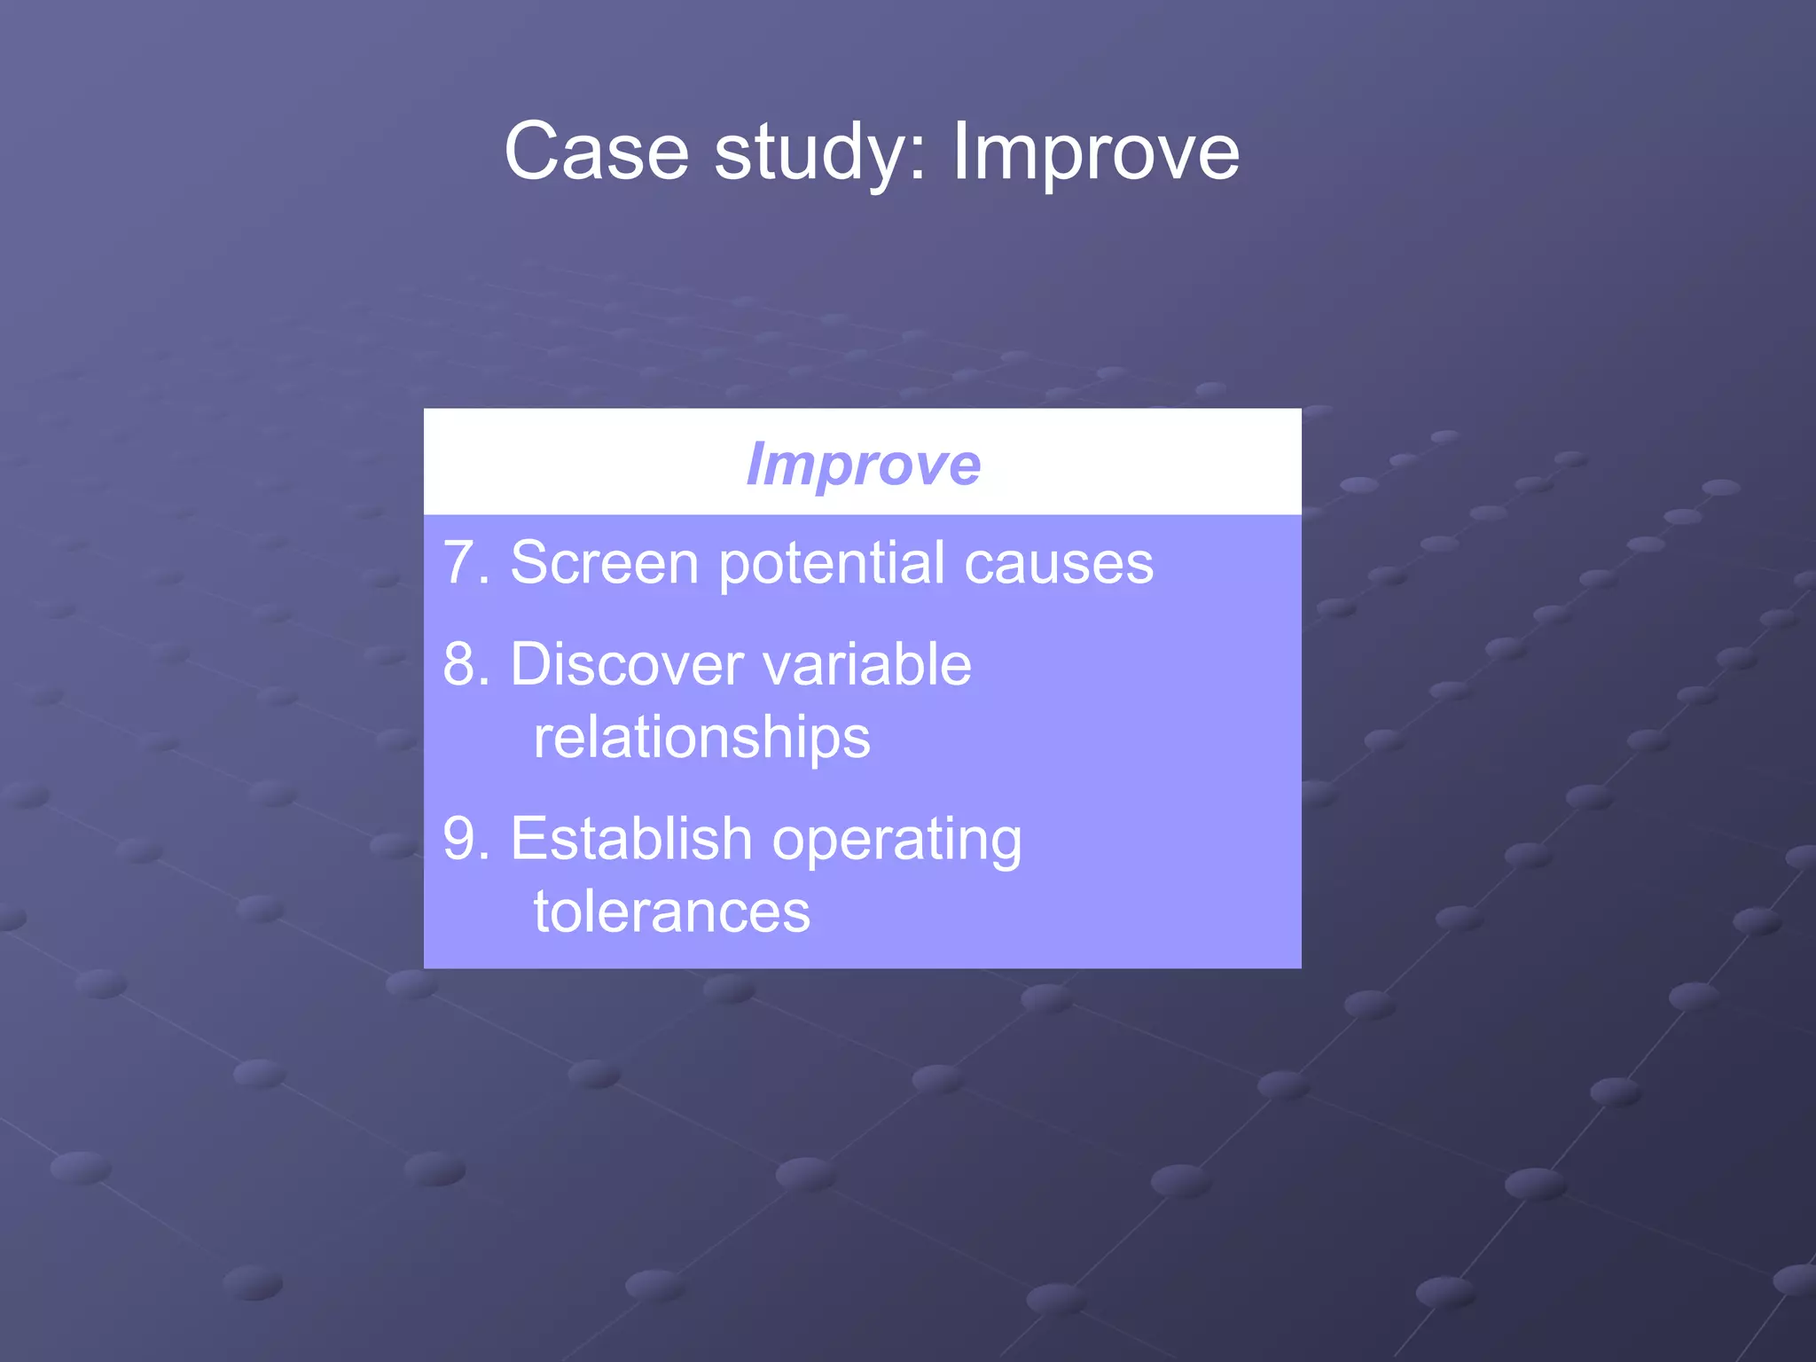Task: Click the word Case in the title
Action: (596, 152)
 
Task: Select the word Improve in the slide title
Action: (1095, 153)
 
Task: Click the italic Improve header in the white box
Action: (863, 464)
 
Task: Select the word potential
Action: (832, 564)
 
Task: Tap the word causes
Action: (1059, 564)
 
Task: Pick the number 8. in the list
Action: (466, 664)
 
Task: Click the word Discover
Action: (626, 664)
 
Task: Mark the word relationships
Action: (701, 738)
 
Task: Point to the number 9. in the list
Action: (466, 839)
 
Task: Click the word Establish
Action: (630, 839)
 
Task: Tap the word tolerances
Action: (671, 912)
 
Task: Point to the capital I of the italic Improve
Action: (755, 464)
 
